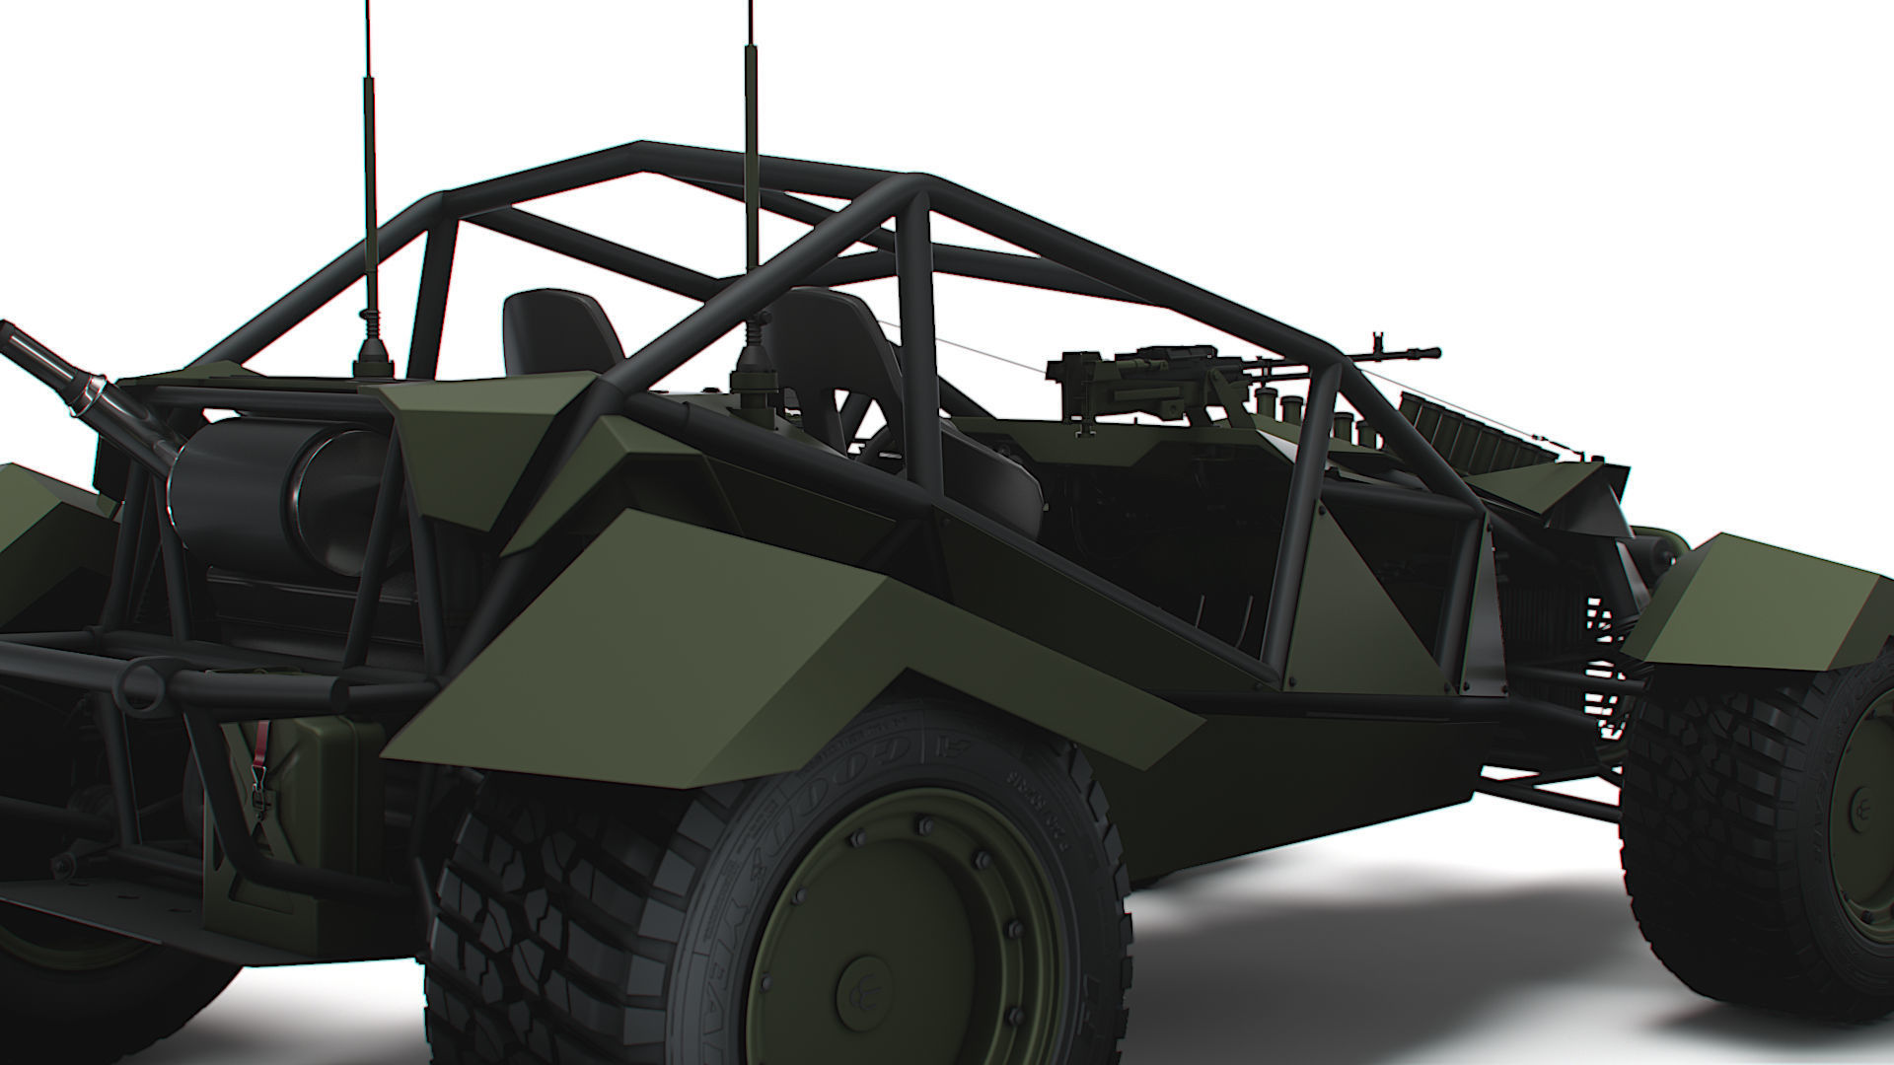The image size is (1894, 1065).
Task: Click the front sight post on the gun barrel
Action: coord(1371,341)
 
